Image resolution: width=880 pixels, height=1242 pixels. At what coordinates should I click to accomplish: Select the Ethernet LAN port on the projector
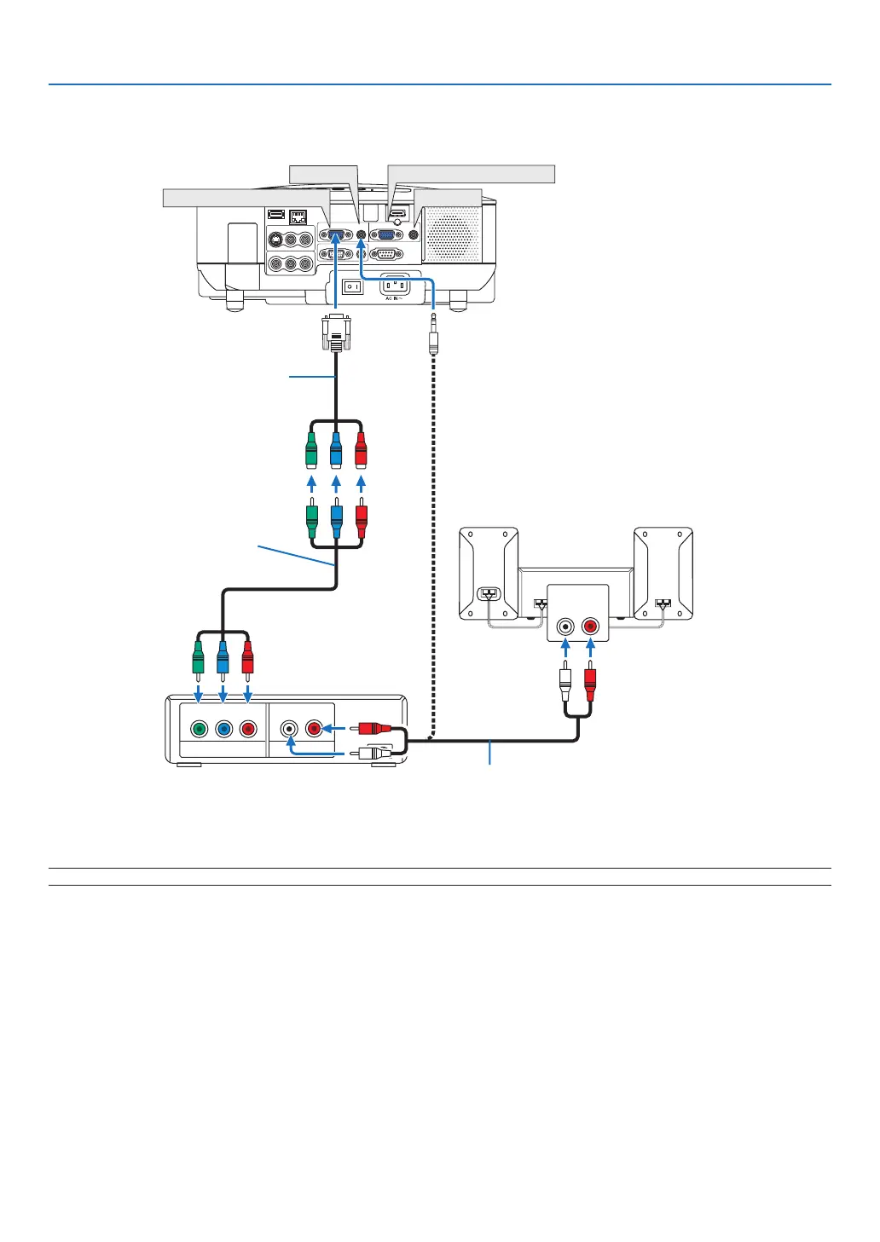(x=298, y=217)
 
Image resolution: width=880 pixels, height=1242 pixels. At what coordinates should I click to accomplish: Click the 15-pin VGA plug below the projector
(x=336, y=332)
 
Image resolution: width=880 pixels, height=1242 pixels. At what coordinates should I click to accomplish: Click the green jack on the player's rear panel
(x=199, y=729)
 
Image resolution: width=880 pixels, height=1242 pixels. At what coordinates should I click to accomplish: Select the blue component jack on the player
(x=223, y=729)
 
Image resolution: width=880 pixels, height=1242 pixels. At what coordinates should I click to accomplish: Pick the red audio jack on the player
(x=314, y=729)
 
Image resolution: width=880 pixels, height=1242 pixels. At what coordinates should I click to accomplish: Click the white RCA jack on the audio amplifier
(x=564, y=627)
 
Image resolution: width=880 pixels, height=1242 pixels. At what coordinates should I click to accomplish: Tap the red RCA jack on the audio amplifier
(x=589, y=627)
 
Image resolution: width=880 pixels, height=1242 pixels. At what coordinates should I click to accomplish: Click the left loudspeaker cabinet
(x=489, y=573)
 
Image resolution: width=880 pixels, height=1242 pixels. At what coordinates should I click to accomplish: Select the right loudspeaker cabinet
(x=663, y=573)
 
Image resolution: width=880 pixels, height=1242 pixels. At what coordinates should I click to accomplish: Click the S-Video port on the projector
(x=275, y=241)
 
